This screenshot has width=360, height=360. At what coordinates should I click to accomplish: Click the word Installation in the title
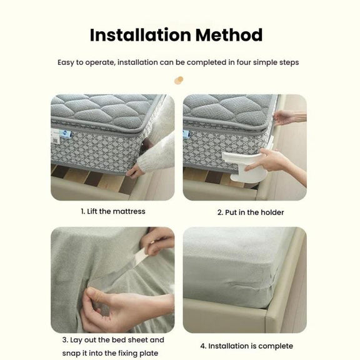click(x=140, y=35)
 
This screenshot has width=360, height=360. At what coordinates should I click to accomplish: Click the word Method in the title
click(x=229, y=35)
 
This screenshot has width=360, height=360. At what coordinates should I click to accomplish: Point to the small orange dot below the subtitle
click(x=179, y=80)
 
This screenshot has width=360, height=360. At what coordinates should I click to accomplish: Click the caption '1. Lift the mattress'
click(x=113, y=211)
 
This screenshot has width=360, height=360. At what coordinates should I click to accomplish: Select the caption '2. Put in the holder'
click(x=251, y=212)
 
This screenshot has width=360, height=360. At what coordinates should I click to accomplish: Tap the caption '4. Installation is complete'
click(x=247, y=346)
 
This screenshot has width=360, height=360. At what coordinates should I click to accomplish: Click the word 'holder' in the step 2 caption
click(x=272, y=212)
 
